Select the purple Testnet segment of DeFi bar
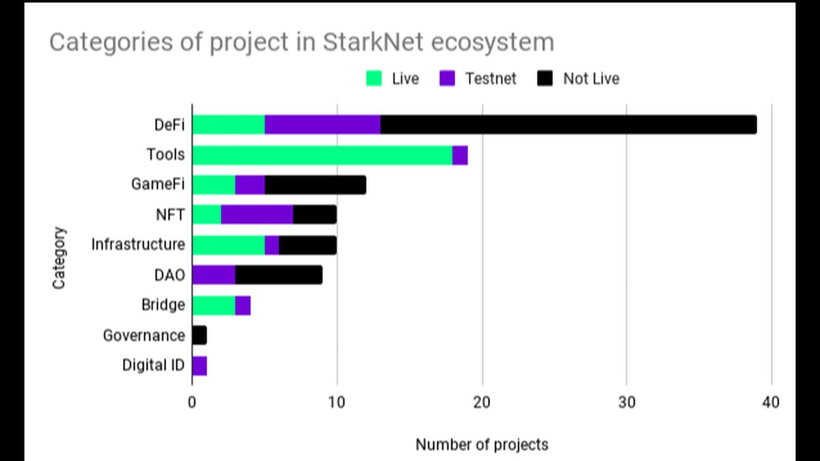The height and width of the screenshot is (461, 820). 323,125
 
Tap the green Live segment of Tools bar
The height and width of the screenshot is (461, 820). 323,155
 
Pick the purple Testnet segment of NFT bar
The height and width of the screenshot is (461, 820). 257,214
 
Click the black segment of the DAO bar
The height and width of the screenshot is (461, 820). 279,275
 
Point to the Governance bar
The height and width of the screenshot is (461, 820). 200,335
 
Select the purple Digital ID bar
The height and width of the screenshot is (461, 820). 200,365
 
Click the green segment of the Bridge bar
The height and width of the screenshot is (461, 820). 214,305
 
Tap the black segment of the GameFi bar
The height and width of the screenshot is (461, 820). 316,184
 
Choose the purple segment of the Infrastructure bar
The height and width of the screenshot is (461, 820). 272,245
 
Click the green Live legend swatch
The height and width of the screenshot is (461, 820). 374,79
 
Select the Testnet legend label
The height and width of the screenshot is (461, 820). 490,79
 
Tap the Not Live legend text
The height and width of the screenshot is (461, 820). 591,79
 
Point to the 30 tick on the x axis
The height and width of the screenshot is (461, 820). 627,402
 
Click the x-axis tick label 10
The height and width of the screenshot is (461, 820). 336,402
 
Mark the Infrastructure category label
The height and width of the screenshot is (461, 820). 138,245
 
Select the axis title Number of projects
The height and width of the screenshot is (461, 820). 482,445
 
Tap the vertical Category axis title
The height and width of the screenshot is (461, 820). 60,257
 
